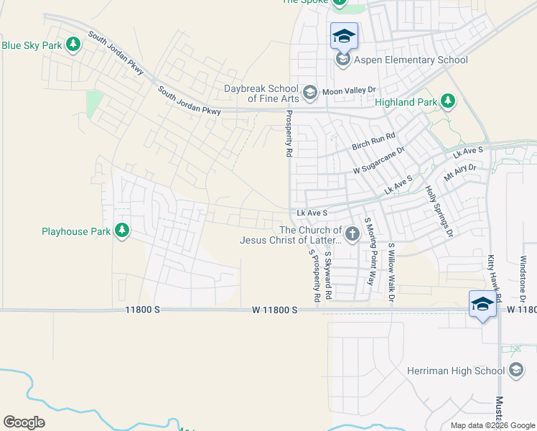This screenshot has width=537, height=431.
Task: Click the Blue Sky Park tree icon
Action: [73, 45]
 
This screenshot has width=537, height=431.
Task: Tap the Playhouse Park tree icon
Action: [122, 231]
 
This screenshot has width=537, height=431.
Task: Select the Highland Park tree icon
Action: [449, 101]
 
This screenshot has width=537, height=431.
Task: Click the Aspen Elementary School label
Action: [411, 60]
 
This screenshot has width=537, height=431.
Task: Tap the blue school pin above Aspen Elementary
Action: [344, 36]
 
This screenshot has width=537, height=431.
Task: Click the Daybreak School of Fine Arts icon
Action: [309, 91]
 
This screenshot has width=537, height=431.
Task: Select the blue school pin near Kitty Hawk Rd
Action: [483, 305]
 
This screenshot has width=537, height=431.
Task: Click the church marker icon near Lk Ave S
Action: [352, 233]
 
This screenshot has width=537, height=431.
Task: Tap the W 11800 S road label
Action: [274, 310]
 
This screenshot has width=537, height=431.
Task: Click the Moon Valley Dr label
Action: [349, 91]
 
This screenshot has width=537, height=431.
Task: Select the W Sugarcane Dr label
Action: [379, 162]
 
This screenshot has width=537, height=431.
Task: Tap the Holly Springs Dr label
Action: [439, 211]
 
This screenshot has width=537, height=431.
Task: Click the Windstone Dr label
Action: [523, 279]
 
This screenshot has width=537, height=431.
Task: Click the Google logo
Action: [24, 422]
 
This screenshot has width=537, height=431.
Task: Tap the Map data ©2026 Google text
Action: [492, 425]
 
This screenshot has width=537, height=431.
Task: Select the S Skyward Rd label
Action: [327, 274]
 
